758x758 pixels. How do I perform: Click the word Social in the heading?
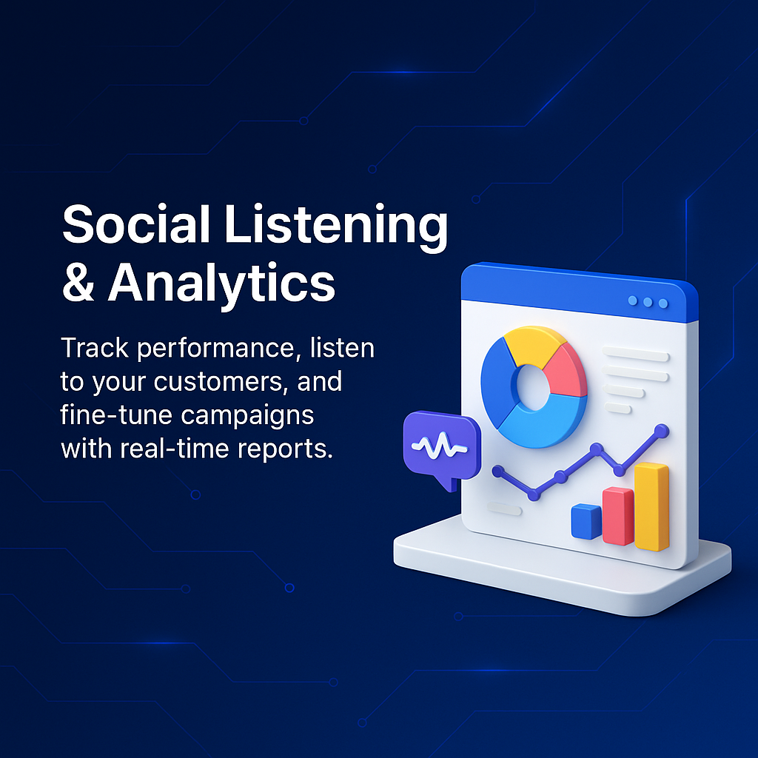click(x=136, y=224)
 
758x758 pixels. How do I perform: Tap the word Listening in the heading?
click(x=336, y=227)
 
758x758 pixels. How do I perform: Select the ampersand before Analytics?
click(x=78, y=282)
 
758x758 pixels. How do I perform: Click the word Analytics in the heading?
click(x=221, y=285)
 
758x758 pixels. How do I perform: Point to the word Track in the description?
click(x=95, y=348)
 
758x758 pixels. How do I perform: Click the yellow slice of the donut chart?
click(x=533, y=343)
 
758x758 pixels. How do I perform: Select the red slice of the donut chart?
click(x=566, y=371)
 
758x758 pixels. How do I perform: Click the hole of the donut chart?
click(x=533, y=387)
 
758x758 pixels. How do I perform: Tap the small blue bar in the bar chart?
click(x=586, y=522)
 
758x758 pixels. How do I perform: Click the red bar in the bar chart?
click(x=618, y=516)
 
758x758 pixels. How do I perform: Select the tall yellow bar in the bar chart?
click(x=651, y=506)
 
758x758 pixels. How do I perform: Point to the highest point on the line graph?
click(x=661, y=430)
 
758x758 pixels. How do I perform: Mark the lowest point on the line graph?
click(x=534, y=494)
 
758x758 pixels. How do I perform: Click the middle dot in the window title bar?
click(x=648, y=302)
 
